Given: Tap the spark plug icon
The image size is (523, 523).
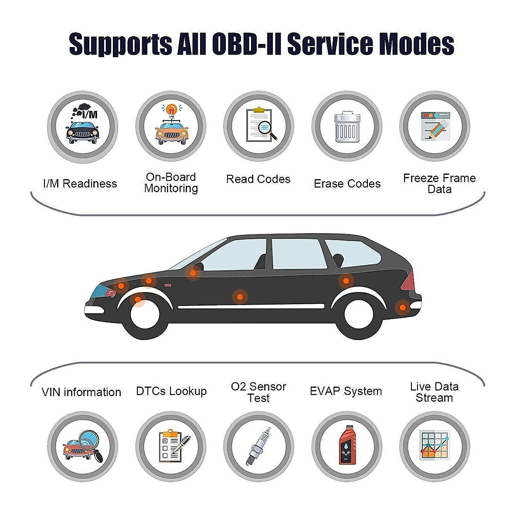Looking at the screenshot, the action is pos(258,446).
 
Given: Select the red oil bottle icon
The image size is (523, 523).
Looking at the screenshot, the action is pos(347,445).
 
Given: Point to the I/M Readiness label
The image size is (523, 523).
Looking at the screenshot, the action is pos(80,183).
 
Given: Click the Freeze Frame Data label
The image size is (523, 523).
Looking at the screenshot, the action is pos(439,183).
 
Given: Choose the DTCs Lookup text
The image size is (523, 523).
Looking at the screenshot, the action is pos(171,391).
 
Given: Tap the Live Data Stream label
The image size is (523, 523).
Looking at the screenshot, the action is pos(434,392).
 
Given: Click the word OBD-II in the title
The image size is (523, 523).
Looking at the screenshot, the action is pos(247,44).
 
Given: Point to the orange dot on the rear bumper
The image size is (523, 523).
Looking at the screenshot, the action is pos(402,307).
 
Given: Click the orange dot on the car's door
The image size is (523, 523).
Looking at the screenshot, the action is pos(239,297).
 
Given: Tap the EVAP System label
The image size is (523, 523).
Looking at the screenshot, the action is pos(346,391).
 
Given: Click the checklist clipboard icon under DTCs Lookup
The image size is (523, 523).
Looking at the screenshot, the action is pos(172,445).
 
